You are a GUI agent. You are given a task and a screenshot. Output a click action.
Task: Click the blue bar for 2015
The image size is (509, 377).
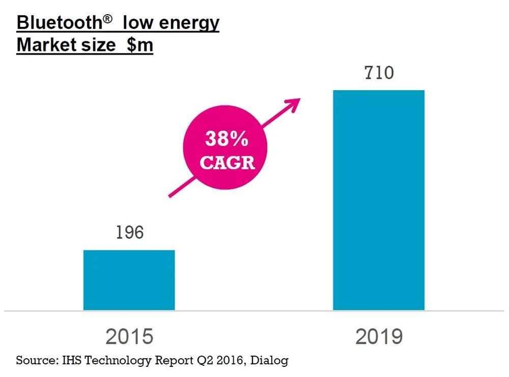[x=129, y=280]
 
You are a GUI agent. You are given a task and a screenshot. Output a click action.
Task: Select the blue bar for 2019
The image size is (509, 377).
[x=379, y=200]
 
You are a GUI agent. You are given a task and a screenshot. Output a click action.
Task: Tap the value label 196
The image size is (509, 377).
[x=129, y=232]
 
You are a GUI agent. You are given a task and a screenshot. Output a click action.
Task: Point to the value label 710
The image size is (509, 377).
[x=379, y=73]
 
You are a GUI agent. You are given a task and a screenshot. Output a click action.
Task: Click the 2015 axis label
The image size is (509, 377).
[x=129, y=337]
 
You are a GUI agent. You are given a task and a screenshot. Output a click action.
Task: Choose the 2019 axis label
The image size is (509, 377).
[x=379, y=337]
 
